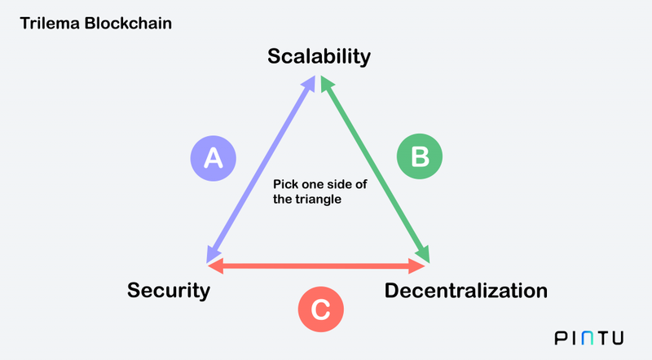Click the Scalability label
319,56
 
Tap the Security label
169,291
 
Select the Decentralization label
465,291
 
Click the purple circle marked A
214,158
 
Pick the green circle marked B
420,156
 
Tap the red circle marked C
321,310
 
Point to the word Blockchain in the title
128,24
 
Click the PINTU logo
588,338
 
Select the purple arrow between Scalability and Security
261,169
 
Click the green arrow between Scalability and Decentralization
375,169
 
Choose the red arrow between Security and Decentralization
316,266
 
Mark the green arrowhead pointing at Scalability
327,84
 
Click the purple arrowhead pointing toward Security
213,255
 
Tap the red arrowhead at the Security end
216,266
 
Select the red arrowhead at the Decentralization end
416,266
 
